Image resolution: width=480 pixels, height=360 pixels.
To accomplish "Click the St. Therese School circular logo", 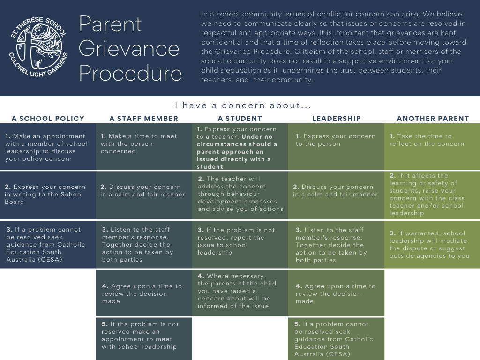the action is click(x=38, y=46).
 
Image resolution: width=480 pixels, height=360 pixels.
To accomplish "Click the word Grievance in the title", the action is click(x=129, y=49).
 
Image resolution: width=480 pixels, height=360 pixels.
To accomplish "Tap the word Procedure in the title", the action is click(x=130, y=73).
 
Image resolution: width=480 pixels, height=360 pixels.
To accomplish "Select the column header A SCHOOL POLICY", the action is click(x=48, y=119).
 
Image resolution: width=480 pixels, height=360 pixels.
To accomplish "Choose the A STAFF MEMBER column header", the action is click(x=144, y=119).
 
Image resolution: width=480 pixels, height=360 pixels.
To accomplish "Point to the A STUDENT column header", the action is click(x=240, y=119).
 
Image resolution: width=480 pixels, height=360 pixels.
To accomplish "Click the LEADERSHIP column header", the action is click(x=337, y=119).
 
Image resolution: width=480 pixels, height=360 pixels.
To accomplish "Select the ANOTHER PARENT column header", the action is click(x=433, y=119).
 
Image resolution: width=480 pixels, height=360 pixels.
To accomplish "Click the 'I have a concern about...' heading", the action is click(x=243, y=105).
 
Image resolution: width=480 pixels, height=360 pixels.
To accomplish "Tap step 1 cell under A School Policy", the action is click(x=48, y=147).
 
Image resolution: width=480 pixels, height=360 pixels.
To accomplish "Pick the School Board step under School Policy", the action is click(x=48, y=195).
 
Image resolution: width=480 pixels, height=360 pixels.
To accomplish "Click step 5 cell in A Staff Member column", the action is click(x=144, y=339).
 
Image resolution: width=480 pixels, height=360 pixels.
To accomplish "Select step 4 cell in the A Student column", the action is click(x=240, y=292).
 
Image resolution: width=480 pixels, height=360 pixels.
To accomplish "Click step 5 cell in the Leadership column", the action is click(x=336, y=339).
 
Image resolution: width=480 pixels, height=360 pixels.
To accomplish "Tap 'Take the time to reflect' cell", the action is click(x=432, y=147).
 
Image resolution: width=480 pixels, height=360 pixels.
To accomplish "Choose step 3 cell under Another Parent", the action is click(x=432, y=245).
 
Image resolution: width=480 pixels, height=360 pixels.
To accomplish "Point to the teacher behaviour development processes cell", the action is click(x=240, y=195).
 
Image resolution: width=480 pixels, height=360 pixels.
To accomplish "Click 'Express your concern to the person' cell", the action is click(x=336, y=147).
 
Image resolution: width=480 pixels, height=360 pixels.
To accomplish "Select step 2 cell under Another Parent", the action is click(x=432, y=195).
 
